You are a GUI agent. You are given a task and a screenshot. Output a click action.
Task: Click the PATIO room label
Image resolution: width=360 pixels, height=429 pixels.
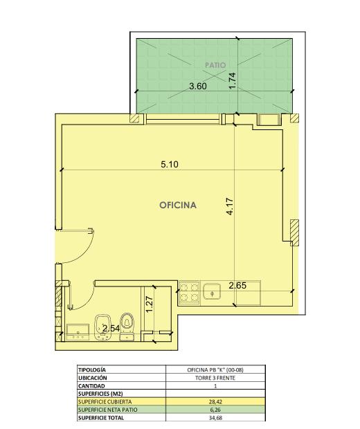pyautogui.click(x=215, y=65)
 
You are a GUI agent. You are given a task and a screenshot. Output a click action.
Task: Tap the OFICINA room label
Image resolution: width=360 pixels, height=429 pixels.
pyautogui.click(x=178, y=206)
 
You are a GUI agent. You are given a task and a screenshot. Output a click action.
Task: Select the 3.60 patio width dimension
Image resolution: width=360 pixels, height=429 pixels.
pyautogui.click(x=198, y=86)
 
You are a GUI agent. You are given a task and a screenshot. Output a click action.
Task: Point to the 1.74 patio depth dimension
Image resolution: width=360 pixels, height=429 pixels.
pyautogui.click(x=233, y=80)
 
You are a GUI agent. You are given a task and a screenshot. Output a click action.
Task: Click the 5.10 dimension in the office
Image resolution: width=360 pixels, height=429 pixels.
pyautogui.click(x=170, y=165)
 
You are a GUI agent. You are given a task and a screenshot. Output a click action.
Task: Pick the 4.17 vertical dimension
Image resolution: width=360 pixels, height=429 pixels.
pyautogui.click(x=230, y=207)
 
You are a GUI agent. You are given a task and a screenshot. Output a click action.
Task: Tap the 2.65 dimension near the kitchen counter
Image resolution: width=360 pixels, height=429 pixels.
pyautogui.click(x=237, y=286)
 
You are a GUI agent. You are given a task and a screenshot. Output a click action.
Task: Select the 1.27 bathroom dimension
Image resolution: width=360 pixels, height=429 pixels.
pyautogui.click(x=150, y=304)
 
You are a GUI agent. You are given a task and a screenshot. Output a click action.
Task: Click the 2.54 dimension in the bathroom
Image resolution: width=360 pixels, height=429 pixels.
pyautogui.click(x=111, y=328)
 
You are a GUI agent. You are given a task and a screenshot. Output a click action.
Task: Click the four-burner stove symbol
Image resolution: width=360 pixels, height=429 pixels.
pyautogui.click(x=189, y=292)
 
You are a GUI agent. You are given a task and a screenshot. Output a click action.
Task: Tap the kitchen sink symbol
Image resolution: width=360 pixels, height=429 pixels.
pyautogui.click(x=212, y=292)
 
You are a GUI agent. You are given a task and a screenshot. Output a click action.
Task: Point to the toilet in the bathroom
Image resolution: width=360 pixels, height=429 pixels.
pyautogui.click(x=127, y=327)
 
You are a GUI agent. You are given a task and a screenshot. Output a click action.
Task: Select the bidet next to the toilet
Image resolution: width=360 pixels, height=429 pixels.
pyautogui.click(x=102, y=327)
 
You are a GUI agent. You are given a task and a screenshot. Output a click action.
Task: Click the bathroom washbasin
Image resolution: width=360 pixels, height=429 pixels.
pyautogui.click(x=78, y=332)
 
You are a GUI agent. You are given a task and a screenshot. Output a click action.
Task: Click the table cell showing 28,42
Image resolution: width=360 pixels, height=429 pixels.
pyautogui.click(x=215, y=401)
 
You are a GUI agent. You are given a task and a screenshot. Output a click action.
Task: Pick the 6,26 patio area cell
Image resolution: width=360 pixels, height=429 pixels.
pyautogui.click(x=215, y=410)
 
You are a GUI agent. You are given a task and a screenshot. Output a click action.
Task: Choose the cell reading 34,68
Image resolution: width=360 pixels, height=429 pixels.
pyautogui.click(x=215, y=418)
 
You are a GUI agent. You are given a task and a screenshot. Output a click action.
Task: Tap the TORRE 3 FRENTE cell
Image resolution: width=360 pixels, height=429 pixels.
pyautogui.click(x=215, y=378)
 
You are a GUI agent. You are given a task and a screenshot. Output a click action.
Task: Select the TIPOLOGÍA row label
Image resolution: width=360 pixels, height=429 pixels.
pyautogui.click(x=92, y=369)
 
